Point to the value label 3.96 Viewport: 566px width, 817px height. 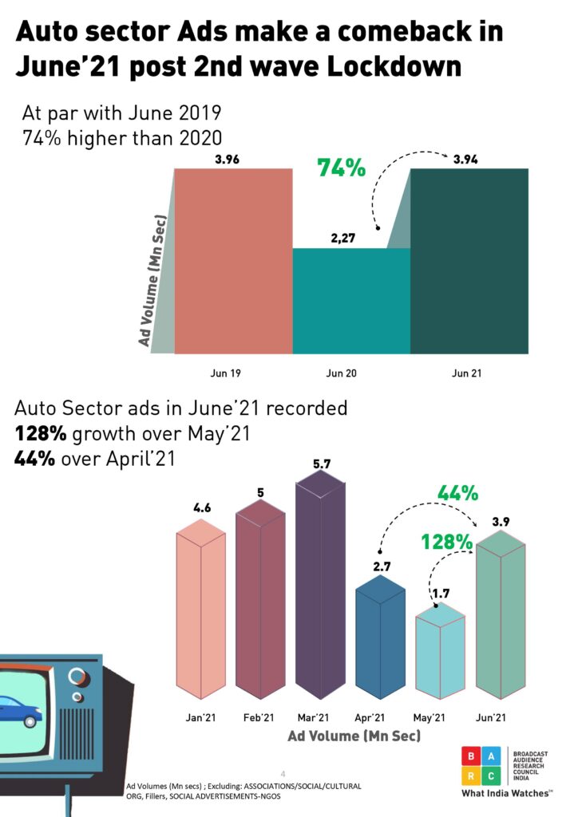[x=228, y=159]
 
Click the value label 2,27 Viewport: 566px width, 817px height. [x=346, y=237]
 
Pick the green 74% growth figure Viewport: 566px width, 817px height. [x=341, y=168]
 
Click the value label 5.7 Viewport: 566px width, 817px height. [x=321, y=464]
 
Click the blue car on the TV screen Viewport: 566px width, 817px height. [x=19, y=710]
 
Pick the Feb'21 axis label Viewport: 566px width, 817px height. [x=259, y=718]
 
